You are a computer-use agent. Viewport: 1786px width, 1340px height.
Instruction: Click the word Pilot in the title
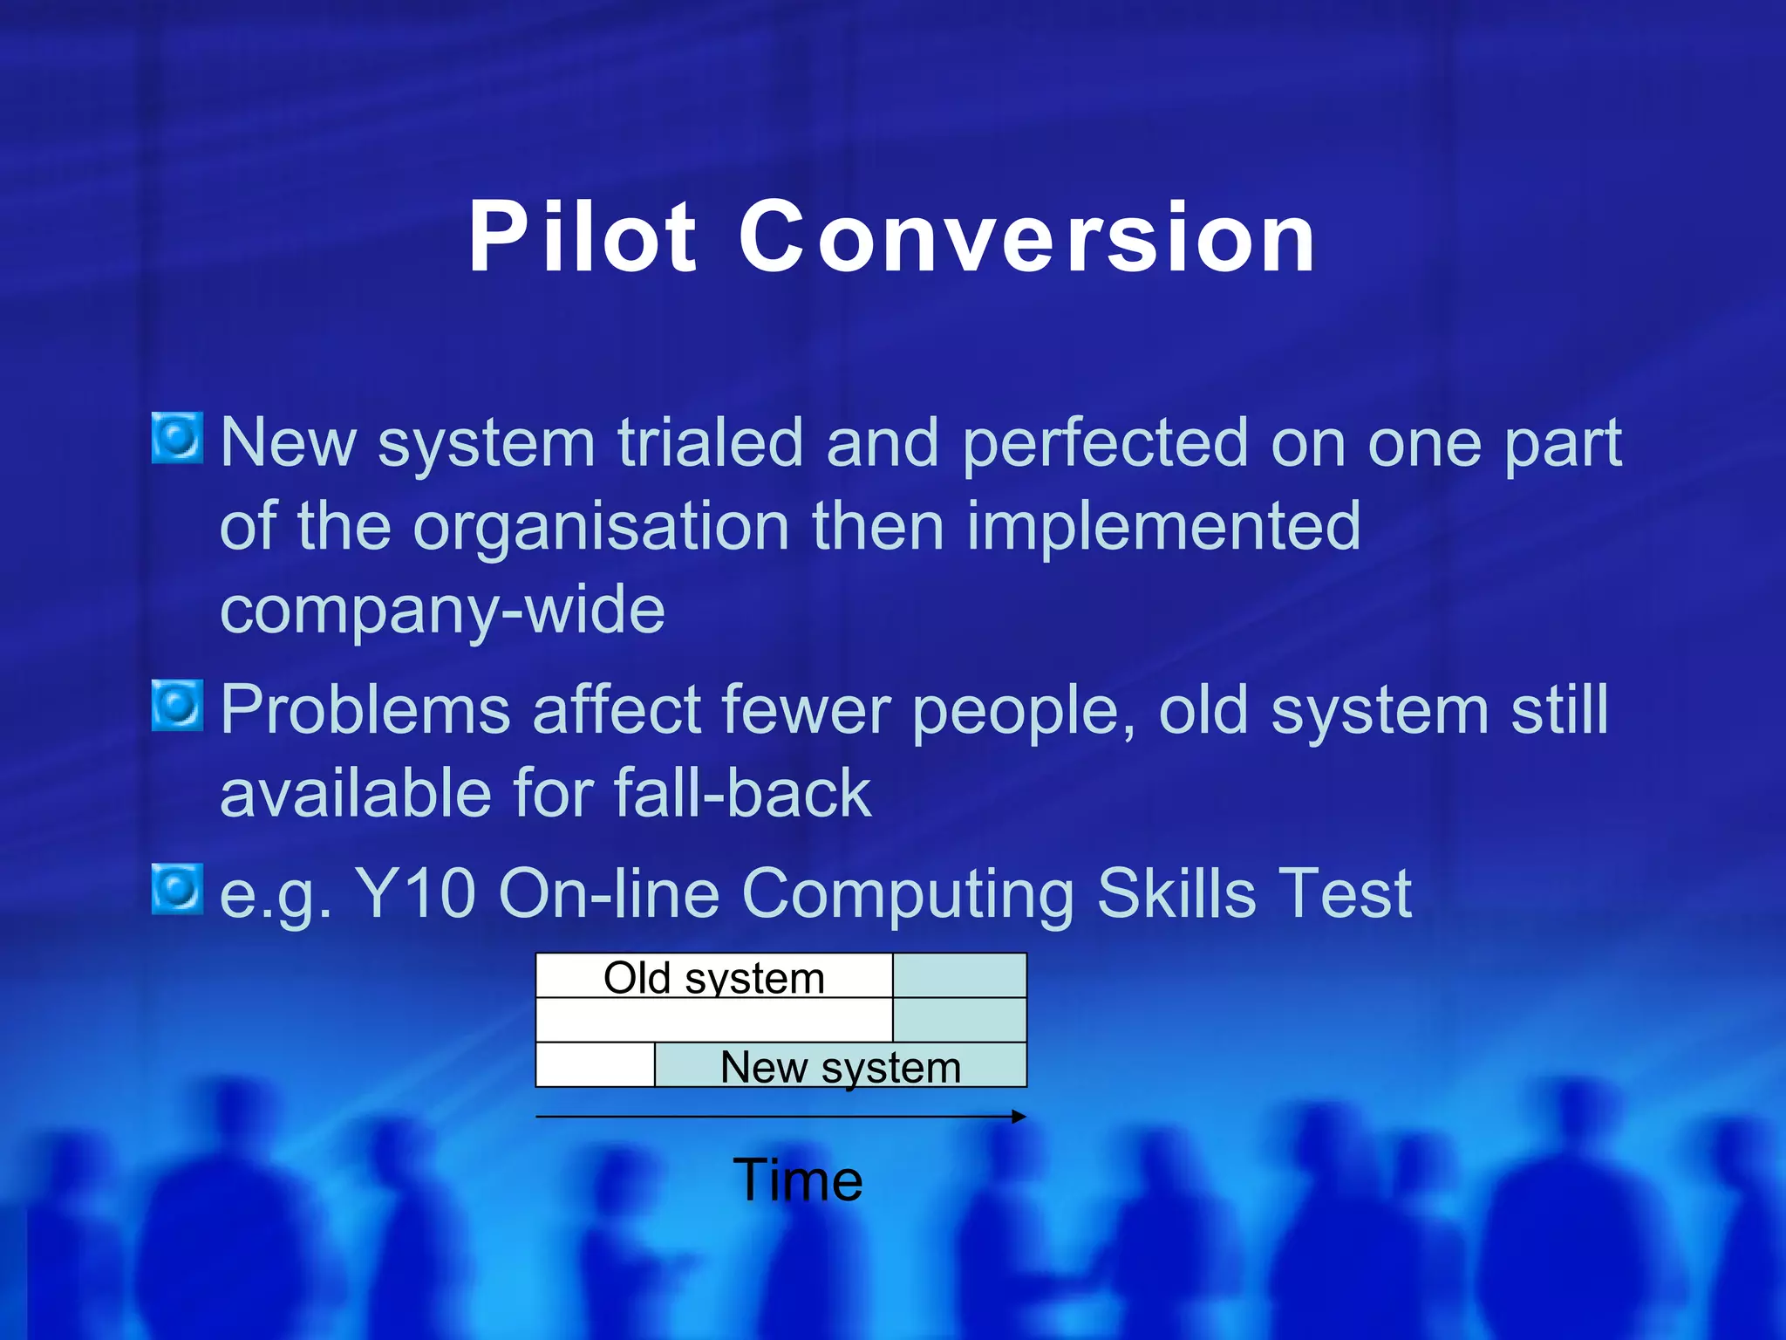583,237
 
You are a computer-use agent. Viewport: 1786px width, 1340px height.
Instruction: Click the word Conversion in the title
1027,237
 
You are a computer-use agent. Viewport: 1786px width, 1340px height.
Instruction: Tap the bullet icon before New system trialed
178,438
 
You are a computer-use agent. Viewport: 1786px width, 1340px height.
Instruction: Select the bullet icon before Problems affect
178,705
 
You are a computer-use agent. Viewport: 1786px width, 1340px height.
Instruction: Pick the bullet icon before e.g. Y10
178,889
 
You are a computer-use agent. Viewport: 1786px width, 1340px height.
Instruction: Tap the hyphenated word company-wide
442,611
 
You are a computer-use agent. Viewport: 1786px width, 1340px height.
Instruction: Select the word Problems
365,710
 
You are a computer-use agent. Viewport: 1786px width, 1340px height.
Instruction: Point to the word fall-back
742,794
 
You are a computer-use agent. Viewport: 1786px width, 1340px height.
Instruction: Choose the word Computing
908,895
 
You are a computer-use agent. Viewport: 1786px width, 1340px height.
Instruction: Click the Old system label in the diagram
714,977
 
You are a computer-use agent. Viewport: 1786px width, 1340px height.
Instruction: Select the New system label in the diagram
841,1066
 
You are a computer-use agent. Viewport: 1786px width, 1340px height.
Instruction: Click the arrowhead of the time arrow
1019,1117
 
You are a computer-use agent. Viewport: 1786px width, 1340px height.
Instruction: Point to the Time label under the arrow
797,1180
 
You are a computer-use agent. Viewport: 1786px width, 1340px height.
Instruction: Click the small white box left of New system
595,1065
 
